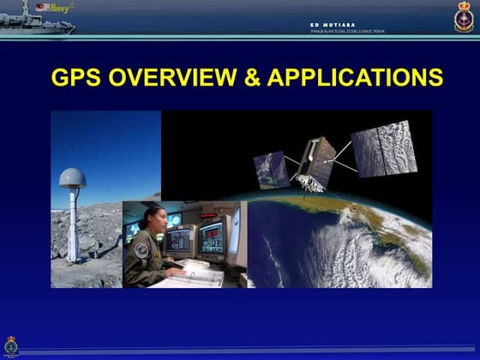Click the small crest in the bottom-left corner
click(x=11, y=345)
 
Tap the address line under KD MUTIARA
click(x=347, y=32)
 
